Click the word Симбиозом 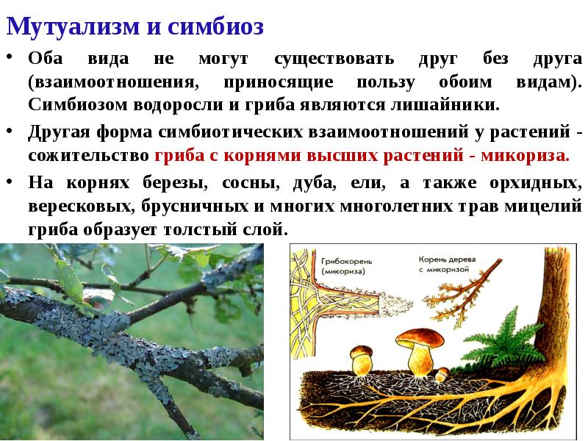77,104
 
